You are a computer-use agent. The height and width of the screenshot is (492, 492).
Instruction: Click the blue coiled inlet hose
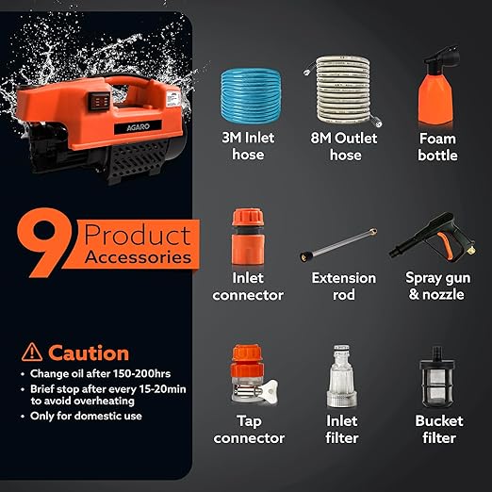251,96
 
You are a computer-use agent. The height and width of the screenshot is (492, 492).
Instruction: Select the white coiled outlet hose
343,90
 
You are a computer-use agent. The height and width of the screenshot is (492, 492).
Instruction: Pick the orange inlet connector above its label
248,237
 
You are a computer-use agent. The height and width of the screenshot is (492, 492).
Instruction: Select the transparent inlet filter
341,376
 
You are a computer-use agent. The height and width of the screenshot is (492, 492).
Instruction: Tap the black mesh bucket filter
436,378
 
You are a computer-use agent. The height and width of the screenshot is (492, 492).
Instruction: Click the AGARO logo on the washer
138,127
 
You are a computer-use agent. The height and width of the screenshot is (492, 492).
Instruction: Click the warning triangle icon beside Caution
32,352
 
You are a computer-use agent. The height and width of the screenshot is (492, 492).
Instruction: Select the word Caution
89,353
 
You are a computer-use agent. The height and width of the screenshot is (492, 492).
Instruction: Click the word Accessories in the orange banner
138,257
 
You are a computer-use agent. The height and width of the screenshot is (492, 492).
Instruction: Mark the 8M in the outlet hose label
320,138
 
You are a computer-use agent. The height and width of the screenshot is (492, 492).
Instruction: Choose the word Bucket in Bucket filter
439,421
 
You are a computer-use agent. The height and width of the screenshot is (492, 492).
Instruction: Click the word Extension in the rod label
344,278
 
